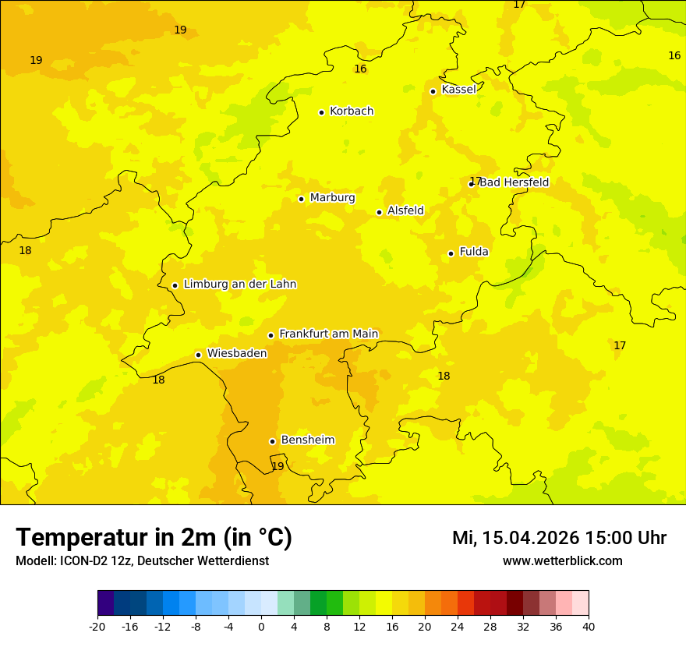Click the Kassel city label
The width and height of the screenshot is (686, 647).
pyautogui.click(x=458, y=90)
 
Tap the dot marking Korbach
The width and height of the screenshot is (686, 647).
pyautogui.click(x=321, y=112)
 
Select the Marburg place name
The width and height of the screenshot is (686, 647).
pyautogui.click(x=332, y=198)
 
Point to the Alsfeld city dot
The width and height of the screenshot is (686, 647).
pyautogui.click(x=379, y=212)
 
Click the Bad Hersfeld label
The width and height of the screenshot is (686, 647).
pyautogui.click(x=514, y=182)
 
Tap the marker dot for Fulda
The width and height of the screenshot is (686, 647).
pyautogui.click(x=451, y=253)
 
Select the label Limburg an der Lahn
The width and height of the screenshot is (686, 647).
pyautogui.click(x=239, y=285)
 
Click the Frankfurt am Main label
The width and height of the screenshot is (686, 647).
pyautogui.click(x=328, y=334)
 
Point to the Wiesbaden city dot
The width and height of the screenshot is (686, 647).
pyautogui.click(x=198, y=355)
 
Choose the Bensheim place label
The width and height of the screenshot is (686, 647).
pyautogui.click(x=307, y=440)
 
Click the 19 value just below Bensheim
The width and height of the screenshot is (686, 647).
pyautogui.click(x=278, y=466)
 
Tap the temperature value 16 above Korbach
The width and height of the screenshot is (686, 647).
pyautogui.click(x=360, y=69)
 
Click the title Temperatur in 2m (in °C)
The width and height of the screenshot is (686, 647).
pyautogui.click(x=154, y=537)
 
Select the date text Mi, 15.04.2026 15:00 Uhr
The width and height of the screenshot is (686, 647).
pyautogui.click(x=559, y=538)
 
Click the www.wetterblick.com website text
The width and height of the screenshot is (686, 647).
pyautogui.click(x=562, y=560)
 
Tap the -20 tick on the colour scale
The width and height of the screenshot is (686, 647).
pyautogui.click(x=97, y=626)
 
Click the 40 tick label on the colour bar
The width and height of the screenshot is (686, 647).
pyautogui.click(x=589, y=626)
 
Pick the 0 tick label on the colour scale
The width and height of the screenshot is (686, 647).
pyautogui.click(x=261, y=626)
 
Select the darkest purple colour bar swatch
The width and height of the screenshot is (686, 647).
pyautogui.click(x=105, y=603)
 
